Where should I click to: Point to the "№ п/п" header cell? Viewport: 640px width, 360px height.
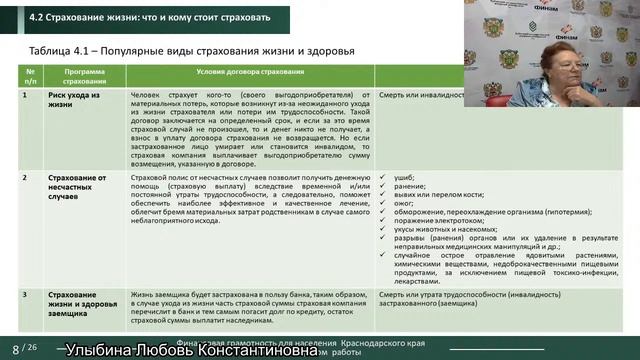(x=31, y=76)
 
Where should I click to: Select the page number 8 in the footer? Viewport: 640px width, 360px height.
(x=14, y=348)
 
